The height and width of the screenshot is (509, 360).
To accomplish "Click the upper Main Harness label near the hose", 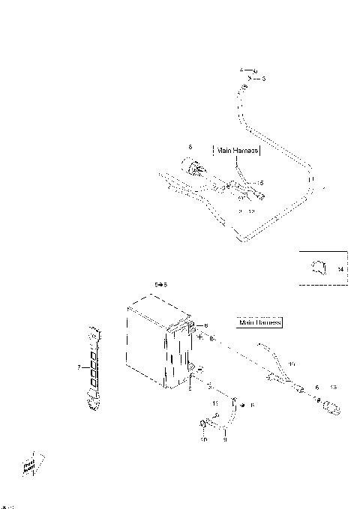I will tap(237, 150).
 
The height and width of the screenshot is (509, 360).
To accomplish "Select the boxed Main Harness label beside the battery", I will tap(259, 322).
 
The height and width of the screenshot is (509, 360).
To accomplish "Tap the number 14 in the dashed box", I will tap(340, 269).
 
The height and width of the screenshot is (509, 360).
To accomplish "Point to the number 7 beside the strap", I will tap(79, 367).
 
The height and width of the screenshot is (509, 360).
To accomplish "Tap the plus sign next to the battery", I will tap(200, 338).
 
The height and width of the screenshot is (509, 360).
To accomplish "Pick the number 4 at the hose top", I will tap(242, 70).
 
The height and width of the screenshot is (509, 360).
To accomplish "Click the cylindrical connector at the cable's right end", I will tap(331, 406).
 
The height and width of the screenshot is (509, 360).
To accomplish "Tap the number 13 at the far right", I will tap(334, 388).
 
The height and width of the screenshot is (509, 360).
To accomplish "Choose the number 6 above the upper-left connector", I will tap(190, 148).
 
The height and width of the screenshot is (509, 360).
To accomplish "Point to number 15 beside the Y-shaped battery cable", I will tap(292, 364).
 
